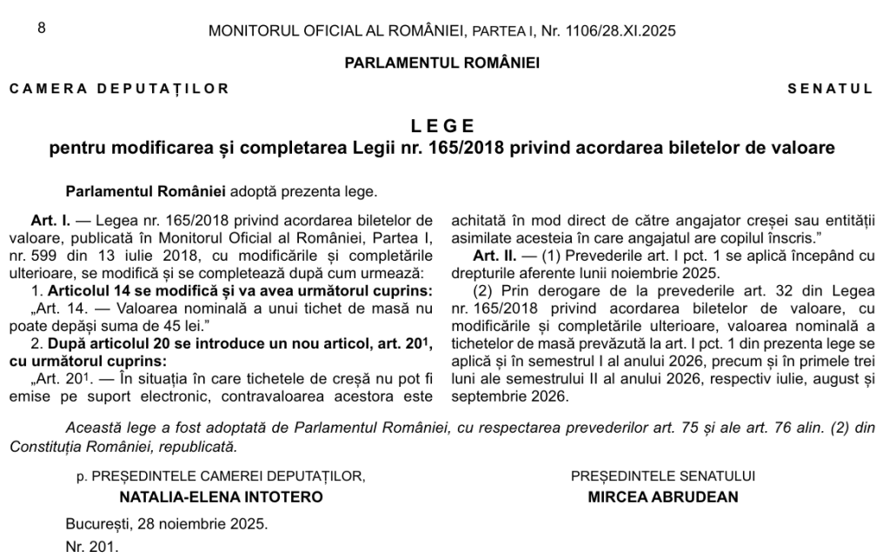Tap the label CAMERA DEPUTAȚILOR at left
[119, 88]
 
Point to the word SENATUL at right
[830, 88]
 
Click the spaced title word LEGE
[443, 124]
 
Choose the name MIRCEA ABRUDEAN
[663, 498]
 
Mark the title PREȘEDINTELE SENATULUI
[663, 475]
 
